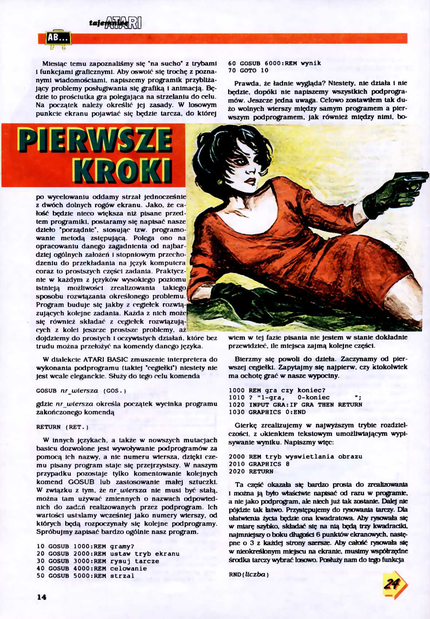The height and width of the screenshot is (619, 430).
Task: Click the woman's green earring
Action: (220, 181)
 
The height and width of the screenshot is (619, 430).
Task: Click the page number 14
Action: (42, 597)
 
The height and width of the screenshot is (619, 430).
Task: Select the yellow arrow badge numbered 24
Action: (393, 584)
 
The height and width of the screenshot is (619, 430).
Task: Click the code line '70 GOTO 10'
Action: (248, 71)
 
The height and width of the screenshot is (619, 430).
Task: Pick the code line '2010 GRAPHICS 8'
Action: (259, 464)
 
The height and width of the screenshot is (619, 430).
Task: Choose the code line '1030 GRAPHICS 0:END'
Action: (267, 412)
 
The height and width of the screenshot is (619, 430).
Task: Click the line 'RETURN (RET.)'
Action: (62, 427)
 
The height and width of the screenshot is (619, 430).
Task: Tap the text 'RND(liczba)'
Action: (249, 575)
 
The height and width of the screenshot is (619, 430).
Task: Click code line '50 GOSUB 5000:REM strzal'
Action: (86, 576)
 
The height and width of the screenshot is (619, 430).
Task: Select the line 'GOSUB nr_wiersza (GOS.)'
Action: (81, 391)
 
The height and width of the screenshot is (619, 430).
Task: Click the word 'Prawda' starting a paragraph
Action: (246, 83)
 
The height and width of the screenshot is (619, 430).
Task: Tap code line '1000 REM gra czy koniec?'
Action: (277, 390)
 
